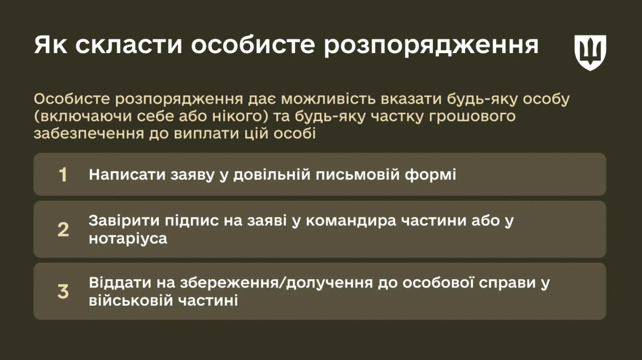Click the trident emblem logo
(591, 52)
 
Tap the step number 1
(63, 175)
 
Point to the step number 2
(63, 230)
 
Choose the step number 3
(63, 292)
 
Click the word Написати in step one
(127, 175)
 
